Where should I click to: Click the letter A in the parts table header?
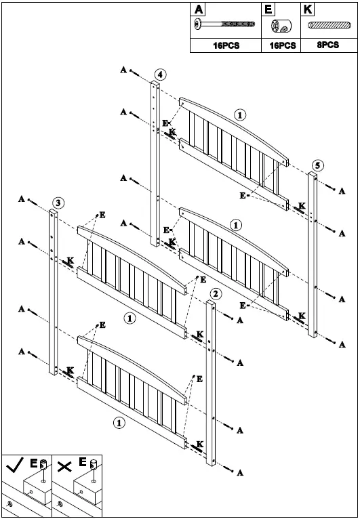(x=199, y=9)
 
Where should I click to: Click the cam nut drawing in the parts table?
(x=281, y=26)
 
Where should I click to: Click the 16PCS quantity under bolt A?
(x=225, y=46)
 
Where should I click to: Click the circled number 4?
(x=159, y=74)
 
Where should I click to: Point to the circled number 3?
(x=59, y=202)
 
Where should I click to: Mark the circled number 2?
(x=215, y=293)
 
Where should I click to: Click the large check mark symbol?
(x=14, y=467)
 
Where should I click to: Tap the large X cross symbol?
(x=64, y=467)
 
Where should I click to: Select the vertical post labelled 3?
(x=54, y=291)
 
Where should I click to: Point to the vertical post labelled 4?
(x=155, y=163)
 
